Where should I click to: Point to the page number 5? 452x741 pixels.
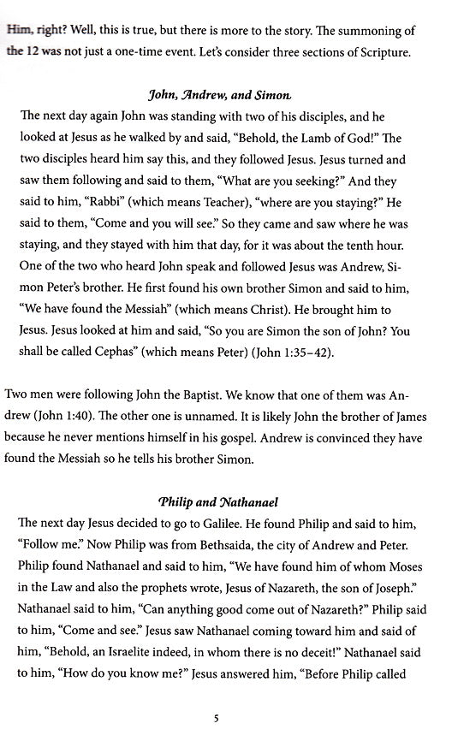217,719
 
